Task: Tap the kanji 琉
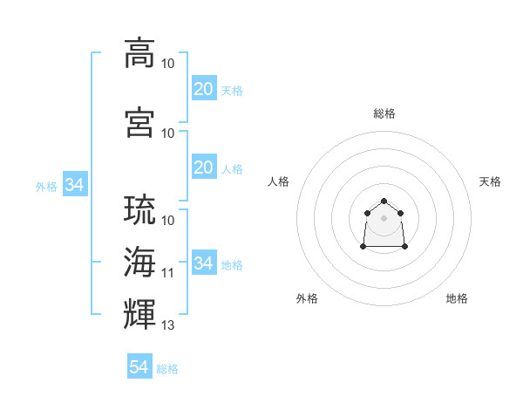tap(139, 210)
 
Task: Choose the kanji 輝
tap(139, 311)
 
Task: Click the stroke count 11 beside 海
tap(168, 272)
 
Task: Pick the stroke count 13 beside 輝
tap(168, 325)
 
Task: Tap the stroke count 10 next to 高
tap(168, 64)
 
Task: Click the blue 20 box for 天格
tap(203, 88)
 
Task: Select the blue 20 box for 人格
tap(203, 167)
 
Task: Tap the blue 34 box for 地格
tap(203, 263)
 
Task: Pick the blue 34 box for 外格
tap(74, 185)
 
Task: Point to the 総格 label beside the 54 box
tap(167, 369)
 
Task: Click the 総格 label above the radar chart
tap(384, 113)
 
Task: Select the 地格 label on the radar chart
tap(457, 298)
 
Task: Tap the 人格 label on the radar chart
tap(279, 181)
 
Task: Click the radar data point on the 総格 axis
tap(384, 201)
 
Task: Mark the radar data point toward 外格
tap(363, 247)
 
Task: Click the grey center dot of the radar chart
tap(384, 217)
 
